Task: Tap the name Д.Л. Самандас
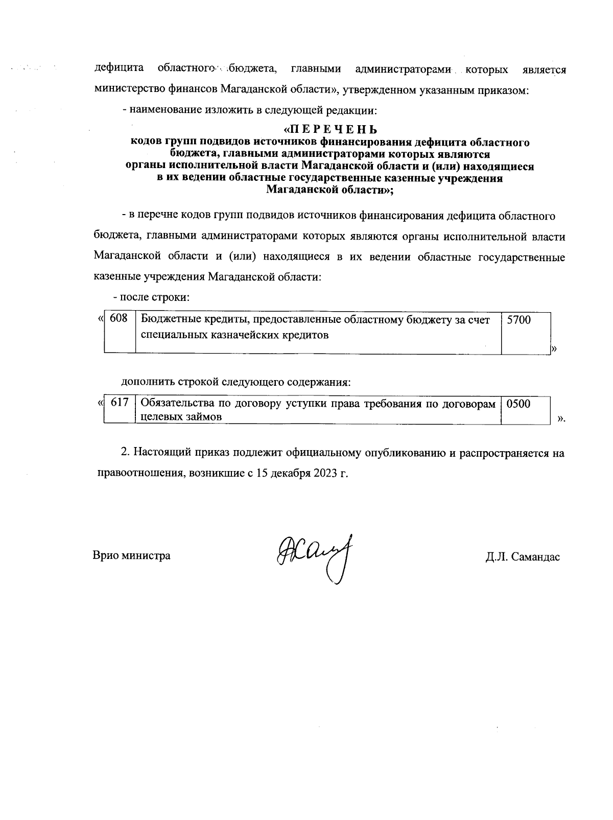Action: click(x=523, y=557)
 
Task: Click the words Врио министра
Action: click(x=131, y=555)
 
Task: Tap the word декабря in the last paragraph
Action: click(x=290, y=473)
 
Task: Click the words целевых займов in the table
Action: click(x=181, y=416)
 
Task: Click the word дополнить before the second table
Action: click(x=147, y=382)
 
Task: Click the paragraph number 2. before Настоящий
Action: click(x=126, y=452)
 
